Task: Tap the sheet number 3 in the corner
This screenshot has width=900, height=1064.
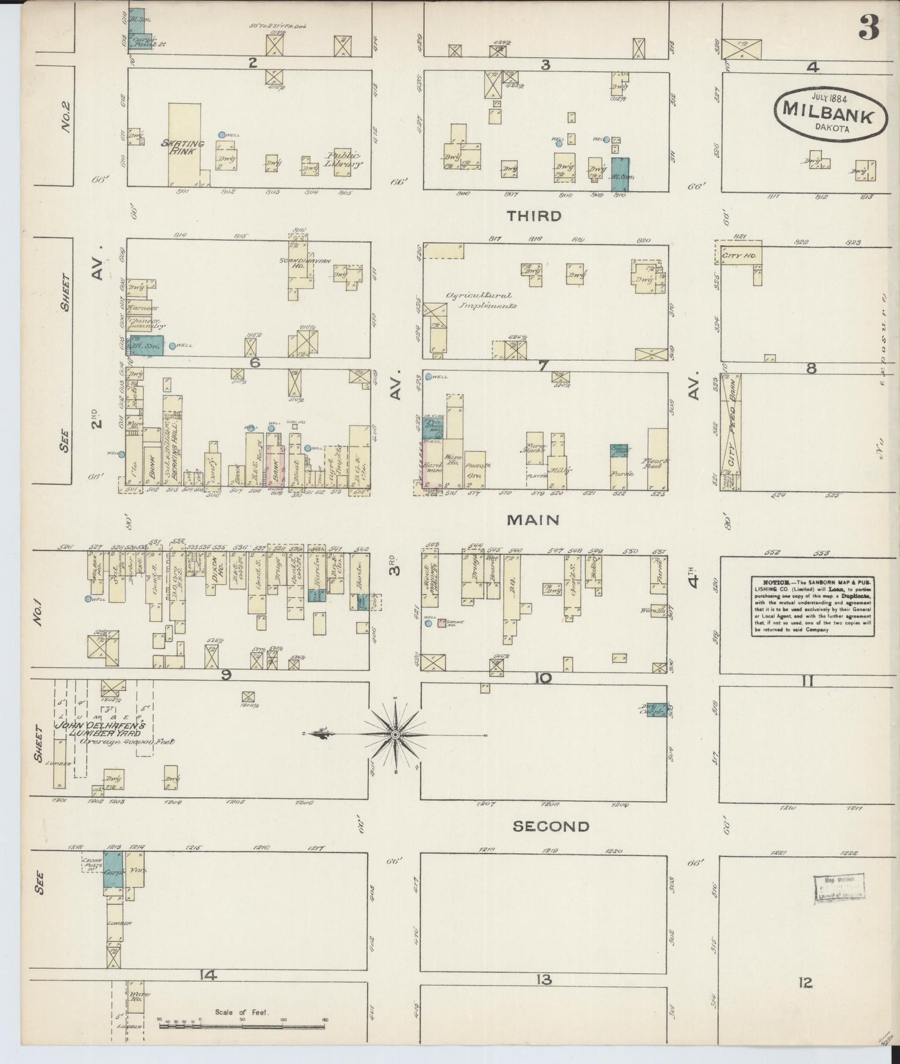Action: (x=868, y=27)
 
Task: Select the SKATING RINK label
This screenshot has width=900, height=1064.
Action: (x=182, y=147)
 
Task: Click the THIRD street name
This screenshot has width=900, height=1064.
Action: (x=534, y=216)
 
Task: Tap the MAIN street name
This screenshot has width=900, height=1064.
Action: (x=533, y=520)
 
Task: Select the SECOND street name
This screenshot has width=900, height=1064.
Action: (x=551, y=826)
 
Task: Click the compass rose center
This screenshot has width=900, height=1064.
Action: (x=396, y=735)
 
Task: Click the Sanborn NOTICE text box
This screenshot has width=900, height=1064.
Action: (x=812, y=605)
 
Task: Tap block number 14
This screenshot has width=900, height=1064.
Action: (x=208, y=975)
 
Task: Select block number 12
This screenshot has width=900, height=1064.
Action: (x=805, y=982)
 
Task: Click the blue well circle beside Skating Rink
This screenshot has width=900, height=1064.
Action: (x=222, y=134)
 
